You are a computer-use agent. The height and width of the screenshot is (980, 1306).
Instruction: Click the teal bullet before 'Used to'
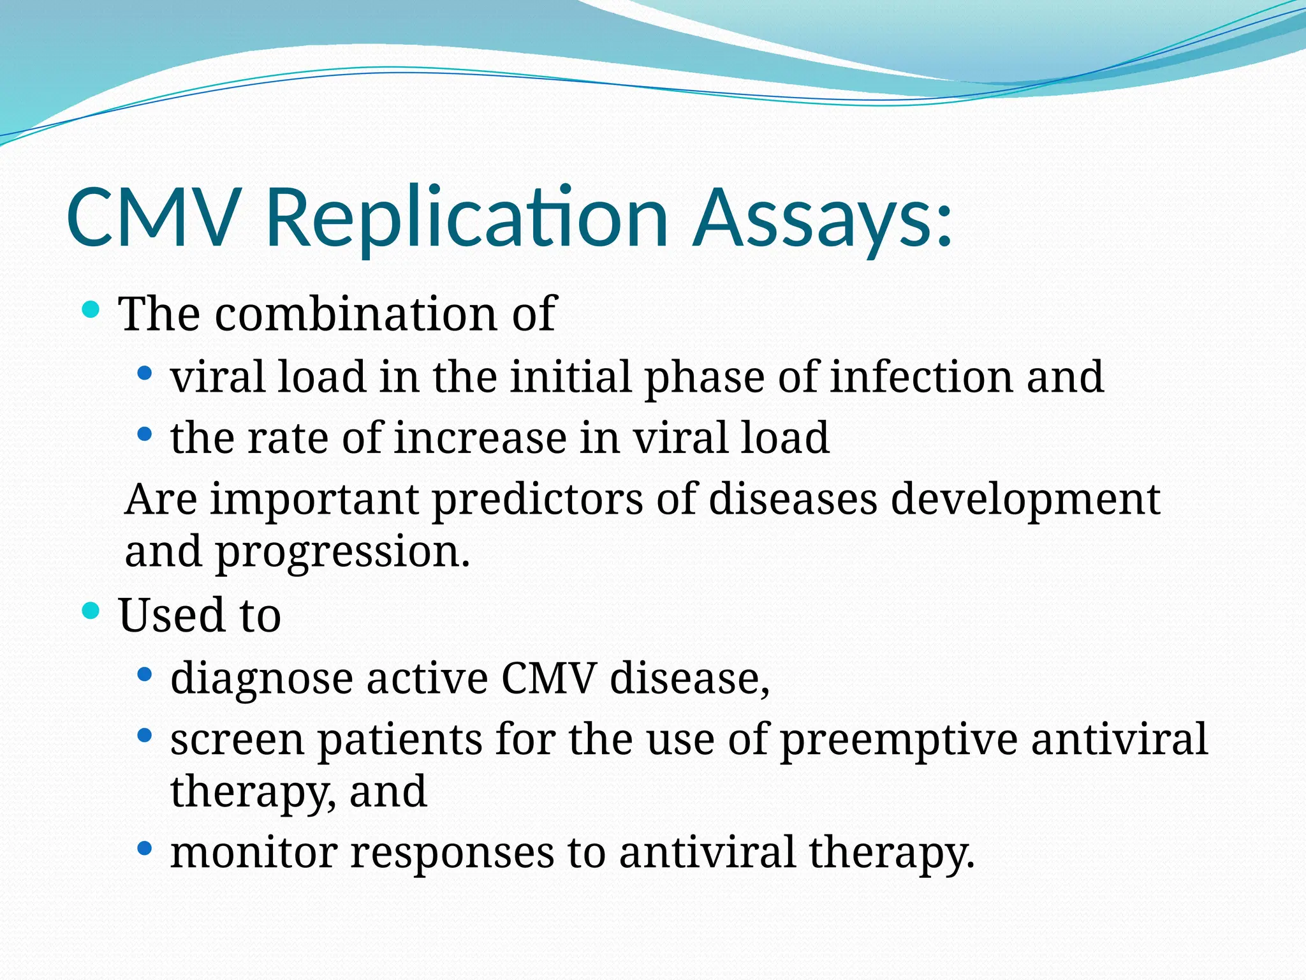[x=91, y=611]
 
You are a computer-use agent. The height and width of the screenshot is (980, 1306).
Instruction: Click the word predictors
[x=537, y=500]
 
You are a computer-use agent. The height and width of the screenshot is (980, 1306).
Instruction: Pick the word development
[x=1025, y=500]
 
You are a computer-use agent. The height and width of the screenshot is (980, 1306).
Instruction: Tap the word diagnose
[x=261, y=678]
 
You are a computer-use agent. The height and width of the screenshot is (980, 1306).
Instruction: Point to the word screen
[x=237, y=740]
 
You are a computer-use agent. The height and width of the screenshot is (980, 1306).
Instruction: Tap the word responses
[x=452, y=853]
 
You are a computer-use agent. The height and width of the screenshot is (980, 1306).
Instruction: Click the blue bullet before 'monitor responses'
[x=145, y=848]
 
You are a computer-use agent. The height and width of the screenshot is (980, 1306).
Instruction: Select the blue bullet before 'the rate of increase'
[x=145, y=434]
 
